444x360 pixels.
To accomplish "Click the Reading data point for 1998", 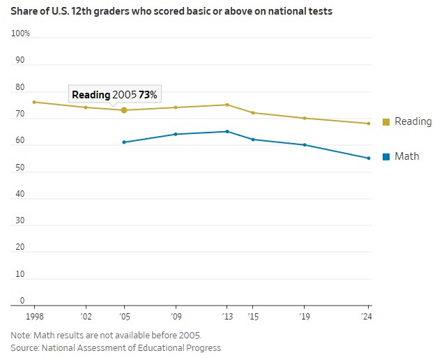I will click(x=34, y=102).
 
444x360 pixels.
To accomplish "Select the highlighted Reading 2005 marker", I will click(x=124, y=110).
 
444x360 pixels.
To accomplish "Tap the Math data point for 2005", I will click(x=124, y=142).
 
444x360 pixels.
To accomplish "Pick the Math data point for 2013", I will click(x=227, y=131).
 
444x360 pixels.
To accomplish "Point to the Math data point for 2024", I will click(x=369, y=158).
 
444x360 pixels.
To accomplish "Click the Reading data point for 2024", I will click(x=369, y=123).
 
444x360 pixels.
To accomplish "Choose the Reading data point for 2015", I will click(x=253, y=113).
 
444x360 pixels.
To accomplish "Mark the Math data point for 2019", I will click(x=305, y=145).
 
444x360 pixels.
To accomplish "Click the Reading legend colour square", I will click(x=386, y=122).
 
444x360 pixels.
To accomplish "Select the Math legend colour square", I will click(x=386, y=157).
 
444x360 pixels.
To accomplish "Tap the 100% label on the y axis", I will click(x=20, y=33).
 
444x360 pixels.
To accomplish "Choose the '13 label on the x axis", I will click(x=227, y=315).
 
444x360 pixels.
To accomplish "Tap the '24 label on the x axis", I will click(x=367, y=315).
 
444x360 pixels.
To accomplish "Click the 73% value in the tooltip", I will click(x=147, y=94).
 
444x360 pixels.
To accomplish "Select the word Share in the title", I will click(x=25, y=11).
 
